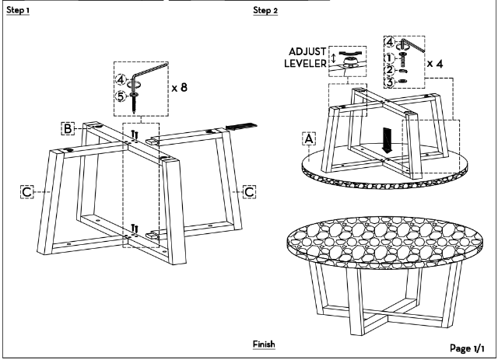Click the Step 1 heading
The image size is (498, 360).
click(19, 12)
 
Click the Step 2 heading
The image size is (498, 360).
click(265, 12)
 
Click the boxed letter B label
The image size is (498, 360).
click(69, 127)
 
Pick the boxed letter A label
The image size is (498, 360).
click(309, 138)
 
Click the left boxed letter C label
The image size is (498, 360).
click(27, 190)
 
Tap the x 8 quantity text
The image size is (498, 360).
click(179, 87)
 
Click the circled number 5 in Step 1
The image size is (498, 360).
click(121, 97)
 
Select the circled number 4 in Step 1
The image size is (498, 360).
click(121, 79)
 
